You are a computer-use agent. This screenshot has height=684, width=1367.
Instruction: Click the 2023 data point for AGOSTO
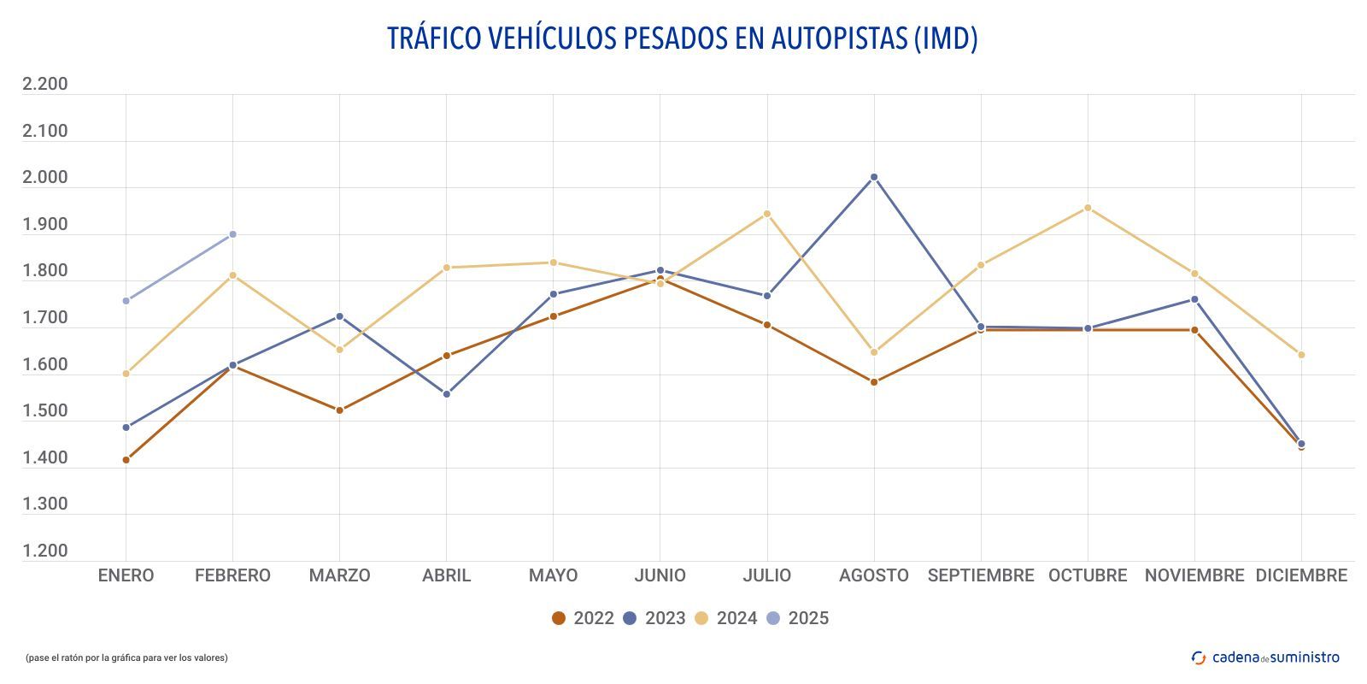[x=874, y=177]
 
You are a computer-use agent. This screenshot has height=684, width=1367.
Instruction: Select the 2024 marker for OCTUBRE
[x=1088, y=208]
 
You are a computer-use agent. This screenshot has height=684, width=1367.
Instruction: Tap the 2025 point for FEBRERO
[x=232, y=234]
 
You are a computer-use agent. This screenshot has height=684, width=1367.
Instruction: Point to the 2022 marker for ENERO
[x=126, y=460]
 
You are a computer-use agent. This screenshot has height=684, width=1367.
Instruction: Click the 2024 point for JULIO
[x=767, y=214]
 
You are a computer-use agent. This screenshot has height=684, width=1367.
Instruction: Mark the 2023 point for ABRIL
[x=446, y=394]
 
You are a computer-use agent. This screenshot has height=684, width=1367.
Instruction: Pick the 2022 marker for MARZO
[x=339, y=410]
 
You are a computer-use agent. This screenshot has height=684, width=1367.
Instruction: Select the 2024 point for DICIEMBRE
[x=1301, y=355]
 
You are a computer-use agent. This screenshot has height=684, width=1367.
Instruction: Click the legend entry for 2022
[x=583, y=618]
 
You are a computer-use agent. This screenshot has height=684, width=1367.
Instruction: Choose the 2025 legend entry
[x=797, y=618]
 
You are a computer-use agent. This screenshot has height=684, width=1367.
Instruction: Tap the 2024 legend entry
[x=725, y=618]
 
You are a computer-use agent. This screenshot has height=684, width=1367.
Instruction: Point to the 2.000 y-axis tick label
[x=44, y=178]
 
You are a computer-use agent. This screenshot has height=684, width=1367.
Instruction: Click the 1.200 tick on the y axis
[x=44, y=551]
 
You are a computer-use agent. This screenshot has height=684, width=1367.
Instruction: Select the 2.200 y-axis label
[x=44, y=84]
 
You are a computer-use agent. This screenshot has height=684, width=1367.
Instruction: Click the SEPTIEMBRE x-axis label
[x=981, y=575]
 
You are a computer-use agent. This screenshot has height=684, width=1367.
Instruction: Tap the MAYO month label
[x=553, y=575]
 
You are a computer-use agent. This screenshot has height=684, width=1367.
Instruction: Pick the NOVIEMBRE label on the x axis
[x=1194, y=575]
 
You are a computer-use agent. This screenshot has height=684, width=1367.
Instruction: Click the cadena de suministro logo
[x=1265, y=657]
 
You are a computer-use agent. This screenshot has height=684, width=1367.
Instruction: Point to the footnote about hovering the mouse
[x=126, y=657]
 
